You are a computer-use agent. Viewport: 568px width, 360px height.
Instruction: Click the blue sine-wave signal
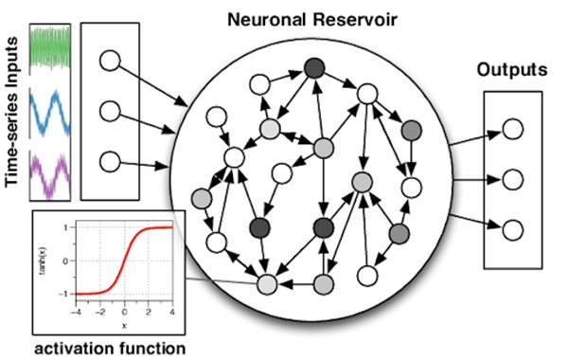54,113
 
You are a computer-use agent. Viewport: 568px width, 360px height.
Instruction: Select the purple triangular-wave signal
54,175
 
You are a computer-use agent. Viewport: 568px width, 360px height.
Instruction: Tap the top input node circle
111,62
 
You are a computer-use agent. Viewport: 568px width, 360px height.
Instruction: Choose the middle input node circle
111,112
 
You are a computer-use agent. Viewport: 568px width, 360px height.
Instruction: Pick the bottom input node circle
111,162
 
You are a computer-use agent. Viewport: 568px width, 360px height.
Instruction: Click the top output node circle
513,130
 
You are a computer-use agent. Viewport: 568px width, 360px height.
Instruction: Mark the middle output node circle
513,179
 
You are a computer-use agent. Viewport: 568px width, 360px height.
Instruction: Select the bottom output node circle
513,229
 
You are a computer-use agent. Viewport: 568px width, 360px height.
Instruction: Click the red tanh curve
123,260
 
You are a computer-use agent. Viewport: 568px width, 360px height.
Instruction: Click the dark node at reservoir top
313,68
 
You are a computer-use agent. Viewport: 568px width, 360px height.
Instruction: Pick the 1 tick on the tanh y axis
64,227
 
